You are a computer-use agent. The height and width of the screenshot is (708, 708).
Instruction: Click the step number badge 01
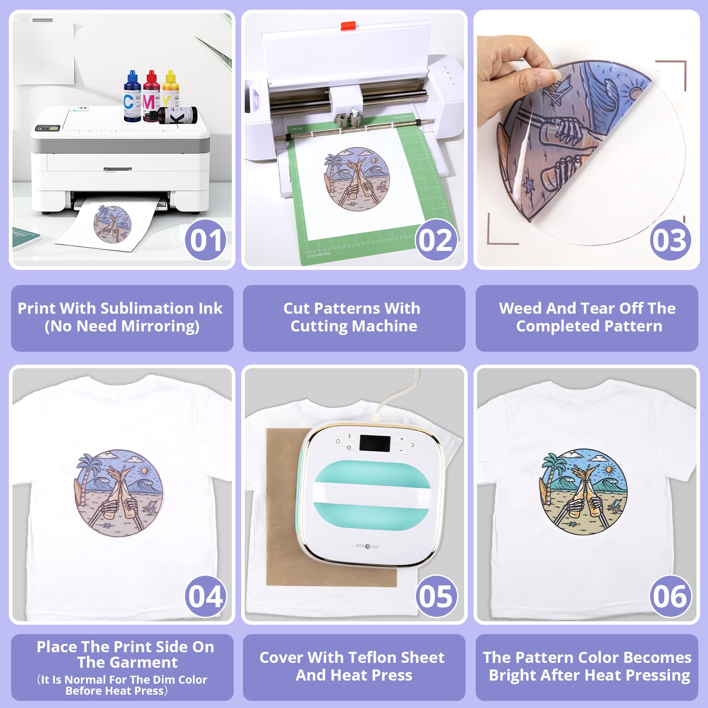(205, 240)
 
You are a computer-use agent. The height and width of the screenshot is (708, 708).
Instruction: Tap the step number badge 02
(436, 240)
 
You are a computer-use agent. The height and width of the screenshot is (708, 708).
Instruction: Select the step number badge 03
(670, 240)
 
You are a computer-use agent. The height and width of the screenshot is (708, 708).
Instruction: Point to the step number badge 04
(205, 596)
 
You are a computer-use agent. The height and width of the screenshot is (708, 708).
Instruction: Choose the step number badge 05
(436, 596)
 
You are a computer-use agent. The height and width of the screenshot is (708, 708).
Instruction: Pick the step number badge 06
(670, 596)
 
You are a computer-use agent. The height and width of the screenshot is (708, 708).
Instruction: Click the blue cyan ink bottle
(132, 97)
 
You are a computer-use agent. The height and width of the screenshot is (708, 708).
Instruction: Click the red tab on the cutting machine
(348, 26)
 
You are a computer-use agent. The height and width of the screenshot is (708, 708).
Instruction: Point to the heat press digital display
(374, 443)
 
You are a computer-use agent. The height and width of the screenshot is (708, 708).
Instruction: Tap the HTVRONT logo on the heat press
(367, 546)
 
